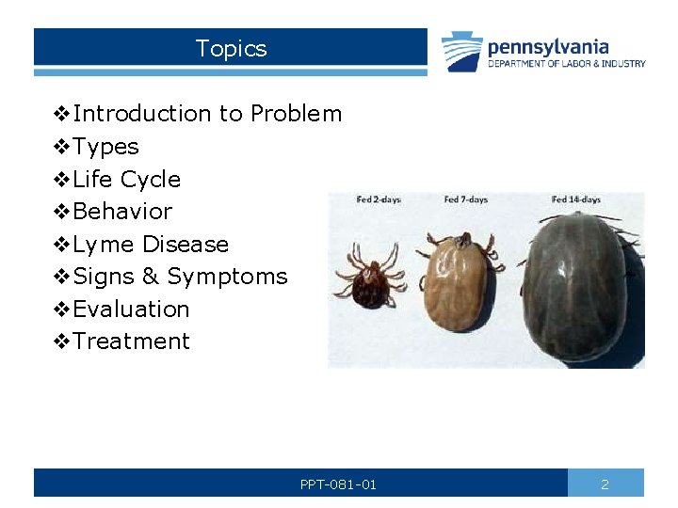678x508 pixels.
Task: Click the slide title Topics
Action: point(231,49)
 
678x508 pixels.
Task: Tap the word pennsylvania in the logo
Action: point(547,46)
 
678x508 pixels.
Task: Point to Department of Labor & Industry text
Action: point(566,64)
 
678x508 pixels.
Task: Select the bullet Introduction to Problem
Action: point(207,114)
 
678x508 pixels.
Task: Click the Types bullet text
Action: point(105,147)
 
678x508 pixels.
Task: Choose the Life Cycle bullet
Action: point(126,179)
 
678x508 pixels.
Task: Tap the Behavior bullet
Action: point(122,212)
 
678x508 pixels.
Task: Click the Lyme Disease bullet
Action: point(151,245)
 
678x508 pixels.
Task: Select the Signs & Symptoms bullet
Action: point(179,277)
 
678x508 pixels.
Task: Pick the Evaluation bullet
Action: point(131,310)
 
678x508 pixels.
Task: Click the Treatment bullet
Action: point(131,341)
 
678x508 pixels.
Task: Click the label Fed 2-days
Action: point(379,199)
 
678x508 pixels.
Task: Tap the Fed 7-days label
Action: point(465,199)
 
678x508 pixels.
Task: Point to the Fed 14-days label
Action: point(575,199)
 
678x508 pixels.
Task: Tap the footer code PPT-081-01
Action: point(338,484)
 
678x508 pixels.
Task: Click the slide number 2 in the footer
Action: point(605,484)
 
